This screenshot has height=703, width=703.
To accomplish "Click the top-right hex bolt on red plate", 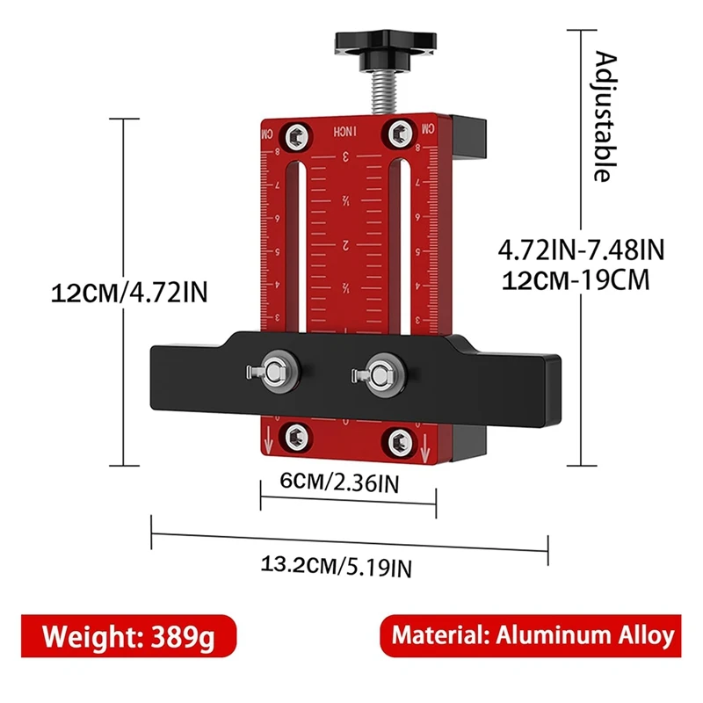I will point(399,133).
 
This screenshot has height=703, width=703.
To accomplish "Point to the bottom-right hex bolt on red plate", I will point(401,439).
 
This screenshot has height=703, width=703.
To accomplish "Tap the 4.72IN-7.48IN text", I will point(581,250).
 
